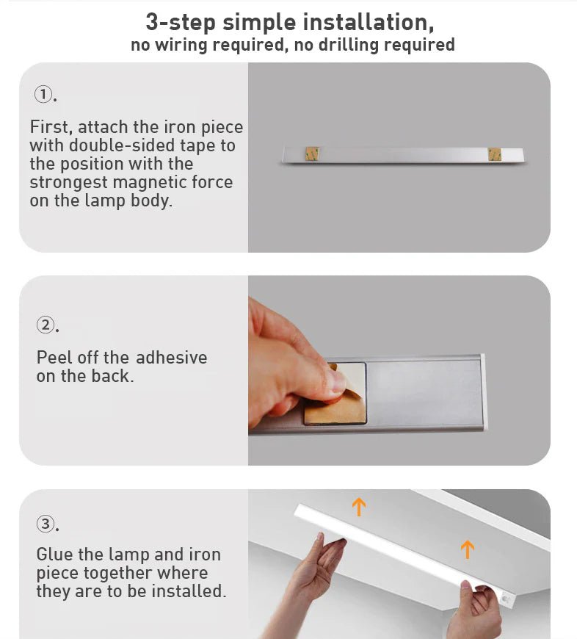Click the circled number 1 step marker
(43, 95)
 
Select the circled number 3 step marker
(46, 524)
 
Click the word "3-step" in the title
(181, 21)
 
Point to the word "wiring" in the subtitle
(181, 45)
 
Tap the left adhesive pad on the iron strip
(312, 154)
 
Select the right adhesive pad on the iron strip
(494, 154)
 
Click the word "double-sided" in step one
(119, 145)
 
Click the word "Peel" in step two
(54, 358)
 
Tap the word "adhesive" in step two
(171, 358)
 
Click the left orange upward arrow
(358, 506)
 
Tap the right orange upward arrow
(467, 549)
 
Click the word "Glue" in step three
(54, 555)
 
